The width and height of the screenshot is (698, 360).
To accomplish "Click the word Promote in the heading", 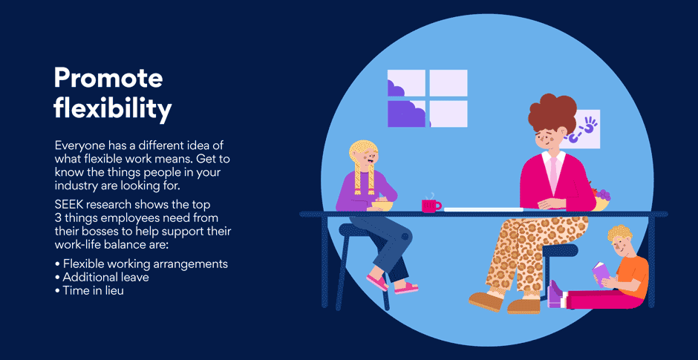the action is point(108,79).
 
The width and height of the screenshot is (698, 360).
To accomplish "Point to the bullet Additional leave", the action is point(102,277).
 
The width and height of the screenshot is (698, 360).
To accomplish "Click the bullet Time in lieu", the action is point(89,290).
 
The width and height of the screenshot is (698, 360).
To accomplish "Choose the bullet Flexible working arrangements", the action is point(142,264).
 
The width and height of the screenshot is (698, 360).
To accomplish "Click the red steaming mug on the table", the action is point(431,205).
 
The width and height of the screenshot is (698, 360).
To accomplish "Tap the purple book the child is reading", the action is point(600,272).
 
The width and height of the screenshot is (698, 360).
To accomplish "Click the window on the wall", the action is point(428,98).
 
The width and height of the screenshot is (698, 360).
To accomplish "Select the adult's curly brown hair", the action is point(552,113).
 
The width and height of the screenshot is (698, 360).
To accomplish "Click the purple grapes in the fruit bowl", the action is point(604,194).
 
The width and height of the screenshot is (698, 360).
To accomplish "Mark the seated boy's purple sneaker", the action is point(556,294).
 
